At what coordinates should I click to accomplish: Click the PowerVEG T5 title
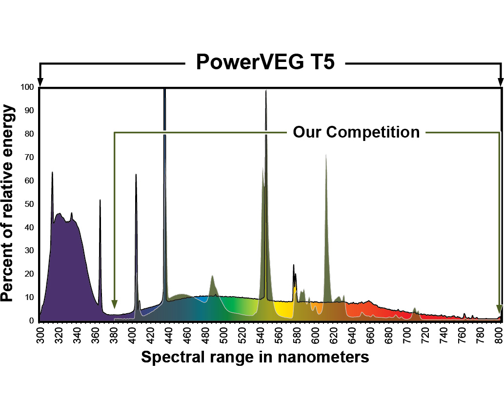click(x=265, y=61)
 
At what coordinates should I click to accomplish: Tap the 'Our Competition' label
click(x=356, y=132)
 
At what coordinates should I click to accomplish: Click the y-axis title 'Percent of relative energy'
click(x=7, y=203)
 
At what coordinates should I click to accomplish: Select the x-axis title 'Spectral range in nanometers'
click(x=255, y=357)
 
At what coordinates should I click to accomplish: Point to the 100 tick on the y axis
click(x=27, y=87)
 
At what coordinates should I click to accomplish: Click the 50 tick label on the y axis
click(x=29, y=204)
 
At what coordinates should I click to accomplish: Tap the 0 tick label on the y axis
click(x=32, y=320)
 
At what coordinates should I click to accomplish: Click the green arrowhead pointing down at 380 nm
click(x=114, y=304)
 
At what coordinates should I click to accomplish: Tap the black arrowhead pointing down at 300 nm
click(x=40, y=82)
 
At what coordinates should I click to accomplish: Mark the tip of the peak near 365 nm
click(x=100, y=200)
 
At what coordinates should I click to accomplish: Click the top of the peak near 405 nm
click(x=136, y=174)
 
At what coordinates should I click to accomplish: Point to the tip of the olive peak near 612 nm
click(x=326, y=155)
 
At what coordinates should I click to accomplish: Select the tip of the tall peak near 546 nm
click(x=266, y=91)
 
